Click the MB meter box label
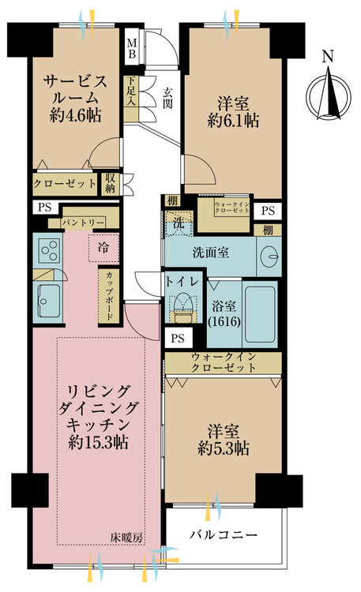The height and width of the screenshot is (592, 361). tap(132, 48)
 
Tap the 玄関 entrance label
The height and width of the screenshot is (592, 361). tap(167, 98)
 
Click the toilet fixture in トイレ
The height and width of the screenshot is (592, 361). tap(184, 305)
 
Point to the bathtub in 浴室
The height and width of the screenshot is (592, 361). tap(260, 314)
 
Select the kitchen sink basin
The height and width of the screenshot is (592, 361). tap(49, 301)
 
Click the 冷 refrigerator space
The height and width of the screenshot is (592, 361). tap(103, 248)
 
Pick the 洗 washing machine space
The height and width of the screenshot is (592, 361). tap(179, 223)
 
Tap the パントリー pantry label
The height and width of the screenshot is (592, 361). tap(83, 223)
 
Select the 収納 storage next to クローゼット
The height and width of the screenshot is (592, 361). tap(110, 184)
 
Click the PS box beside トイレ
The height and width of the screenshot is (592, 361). tap(178, 338)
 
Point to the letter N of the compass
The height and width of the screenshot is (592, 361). tap(328, 57)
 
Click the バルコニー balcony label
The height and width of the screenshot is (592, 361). tap(224, 534)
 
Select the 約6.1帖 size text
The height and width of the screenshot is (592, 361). tap(233, 121)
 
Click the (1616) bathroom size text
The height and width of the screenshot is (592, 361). tap(224, 321)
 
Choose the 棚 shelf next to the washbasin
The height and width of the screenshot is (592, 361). tap(268, 230)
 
